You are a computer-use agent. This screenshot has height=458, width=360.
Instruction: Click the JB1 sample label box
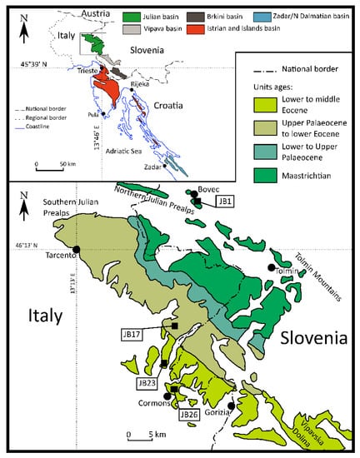click(x=225, y=201)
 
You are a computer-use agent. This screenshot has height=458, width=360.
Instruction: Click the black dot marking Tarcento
click(x=77, y=249)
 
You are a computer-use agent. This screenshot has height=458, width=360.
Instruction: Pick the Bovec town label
click(x=208, y=190)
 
